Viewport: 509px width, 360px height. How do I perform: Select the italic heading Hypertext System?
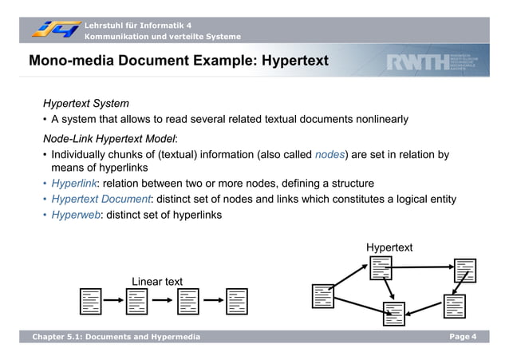pyautogui.click(x=86, y=104)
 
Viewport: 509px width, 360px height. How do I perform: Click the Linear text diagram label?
pyautogui.click(x=157, y=281)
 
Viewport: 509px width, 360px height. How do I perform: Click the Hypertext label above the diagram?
pyautogui.click(x=389, y=247)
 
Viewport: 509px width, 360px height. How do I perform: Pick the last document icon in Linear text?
pyautogui.click(x=236, y=301)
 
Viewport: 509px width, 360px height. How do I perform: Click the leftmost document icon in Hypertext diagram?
pyautogui.click(x=323, y=295)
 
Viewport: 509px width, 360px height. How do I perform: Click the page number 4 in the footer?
pyautogui.click(x=474, y=337)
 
